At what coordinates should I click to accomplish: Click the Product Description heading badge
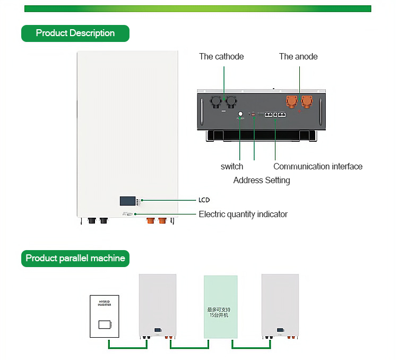coord(75,33)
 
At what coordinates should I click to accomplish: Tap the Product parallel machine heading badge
coord(75,259)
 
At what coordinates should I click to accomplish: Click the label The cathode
coord(221,56)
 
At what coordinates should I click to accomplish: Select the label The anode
coord(298,56)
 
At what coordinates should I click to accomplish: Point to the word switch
coord(232,166)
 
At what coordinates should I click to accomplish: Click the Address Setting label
coord(262,180)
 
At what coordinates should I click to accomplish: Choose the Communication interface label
coord(318,166)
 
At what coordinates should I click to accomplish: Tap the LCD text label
coord(204,200)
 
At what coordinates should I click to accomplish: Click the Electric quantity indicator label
coord(243,214)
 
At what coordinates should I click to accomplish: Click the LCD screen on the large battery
coord(127,201)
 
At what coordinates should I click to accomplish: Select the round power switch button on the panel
coord(240,114)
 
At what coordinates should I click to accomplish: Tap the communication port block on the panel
coord(275,115)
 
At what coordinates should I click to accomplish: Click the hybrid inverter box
coord(105,317)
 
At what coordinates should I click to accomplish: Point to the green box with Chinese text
coord(221,307)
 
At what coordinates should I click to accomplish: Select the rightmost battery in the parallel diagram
coord(280,305)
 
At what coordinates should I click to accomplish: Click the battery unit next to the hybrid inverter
coord(158,305)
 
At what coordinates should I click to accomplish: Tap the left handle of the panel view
coord(202,110)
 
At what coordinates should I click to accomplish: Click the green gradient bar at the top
coord(197,8)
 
